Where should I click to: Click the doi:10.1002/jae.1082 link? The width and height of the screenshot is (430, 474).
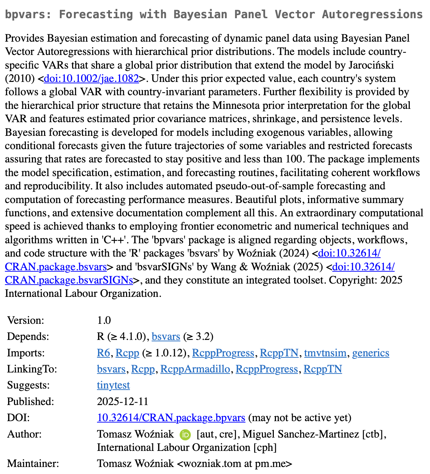[91, 78]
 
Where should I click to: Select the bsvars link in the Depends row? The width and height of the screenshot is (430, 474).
[166, 337]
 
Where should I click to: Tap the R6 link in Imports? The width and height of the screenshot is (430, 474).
[103, 353]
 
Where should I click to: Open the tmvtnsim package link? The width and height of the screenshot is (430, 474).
[325, 353]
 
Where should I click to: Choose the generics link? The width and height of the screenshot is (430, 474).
[370, 353]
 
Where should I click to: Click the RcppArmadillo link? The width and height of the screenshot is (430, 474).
[195, 369]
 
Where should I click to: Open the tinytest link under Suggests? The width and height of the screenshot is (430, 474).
[113, 385]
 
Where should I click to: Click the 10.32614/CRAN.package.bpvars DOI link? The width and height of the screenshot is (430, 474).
[171, 418]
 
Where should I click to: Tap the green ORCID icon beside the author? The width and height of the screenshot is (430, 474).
[185, 435]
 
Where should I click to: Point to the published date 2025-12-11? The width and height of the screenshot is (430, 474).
[123, 402]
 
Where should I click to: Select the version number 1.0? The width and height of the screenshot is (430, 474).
[104, 320]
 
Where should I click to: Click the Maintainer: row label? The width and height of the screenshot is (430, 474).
[33, 463]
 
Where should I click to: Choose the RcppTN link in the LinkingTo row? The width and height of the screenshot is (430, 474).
[322, 369]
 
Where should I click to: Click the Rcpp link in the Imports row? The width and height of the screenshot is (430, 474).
[127, 353]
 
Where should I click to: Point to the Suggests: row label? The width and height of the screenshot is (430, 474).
[28, 385]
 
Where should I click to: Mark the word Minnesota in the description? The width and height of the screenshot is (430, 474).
[241, 105]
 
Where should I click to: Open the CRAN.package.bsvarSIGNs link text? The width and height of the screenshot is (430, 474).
[69, 280]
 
